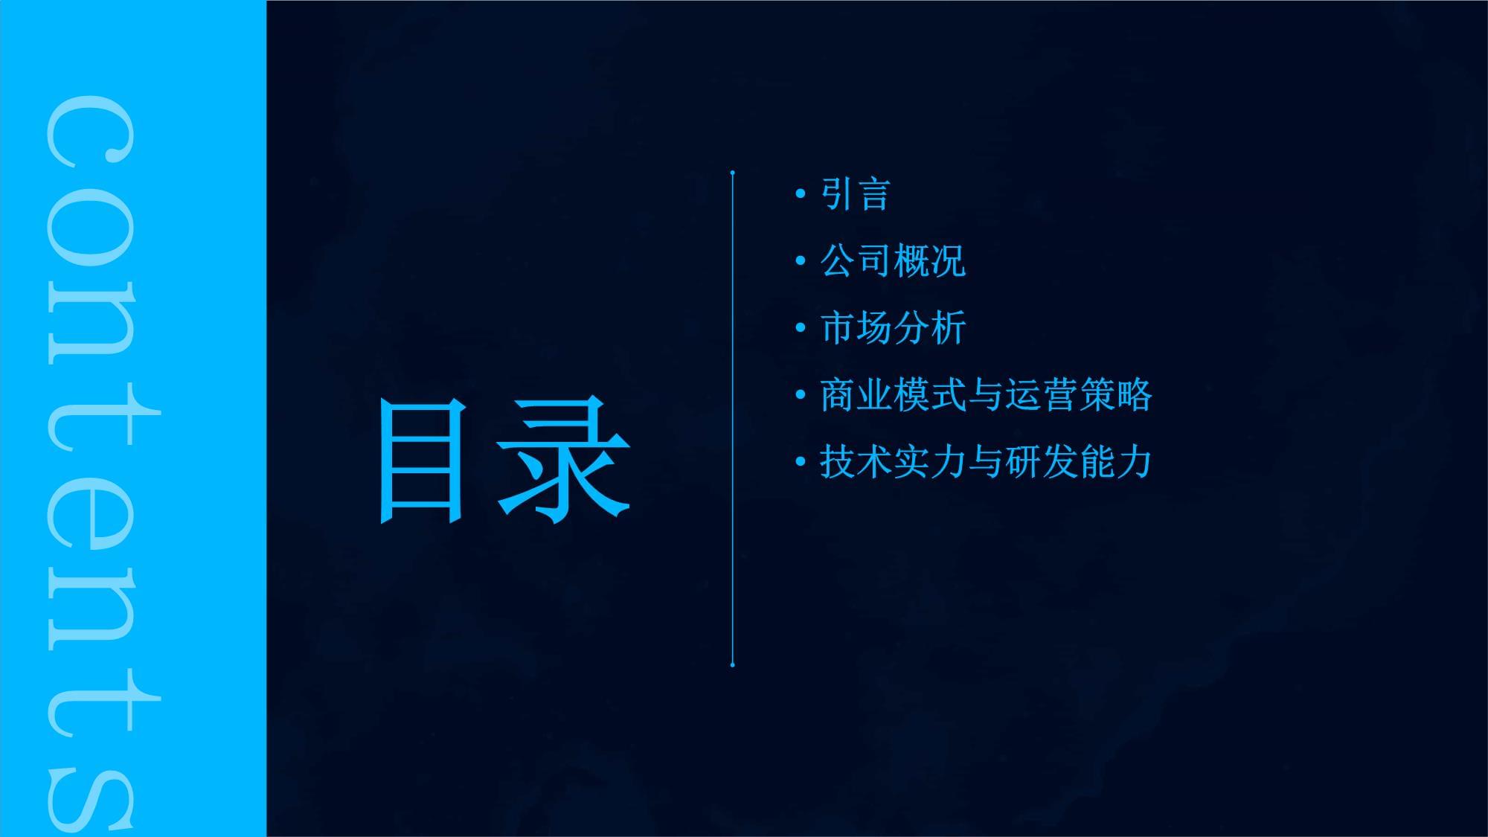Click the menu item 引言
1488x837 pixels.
click(856, 194)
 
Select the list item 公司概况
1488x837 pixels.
click(893, 261)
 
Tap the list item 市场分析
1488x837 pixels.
click(893, 328)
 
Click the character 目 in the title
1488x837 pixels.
click(423, 461)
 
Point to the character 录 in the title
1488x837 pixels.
click(564, 459)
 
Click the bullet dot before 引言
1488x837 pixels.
click(801, 194)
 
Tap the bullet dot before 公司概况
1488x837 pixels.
click(801, 261)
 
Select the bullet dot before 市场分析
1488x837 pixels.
click(801, 328)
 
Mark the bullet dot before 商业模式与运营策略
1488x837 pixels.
click(801, 395)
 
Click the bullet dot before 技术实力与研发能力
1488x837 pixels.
click(801, 462)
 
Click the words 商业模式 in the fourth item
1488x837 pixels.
click(893, 395)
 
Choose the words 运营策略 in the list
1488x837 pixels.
click(1079, 395)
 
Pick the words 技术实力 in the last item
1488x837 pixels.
click(893, 462)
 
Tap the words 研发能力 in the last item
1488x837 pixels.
click(1079, 462)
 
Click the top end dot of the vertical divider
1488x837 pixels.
click(733, 173)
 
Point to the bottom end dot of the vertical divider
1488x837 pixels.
click(733, 664)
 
